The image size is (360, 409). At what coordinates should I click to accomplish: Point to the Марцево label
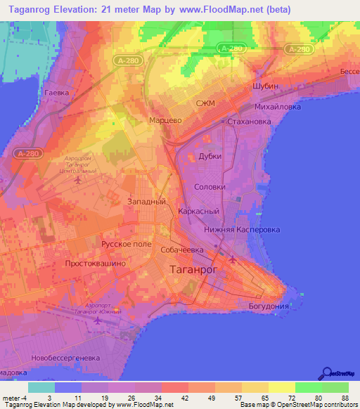click(x=166, y=120)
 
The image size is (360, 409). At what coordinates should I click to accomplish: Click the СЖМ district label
click(x=205, y=105)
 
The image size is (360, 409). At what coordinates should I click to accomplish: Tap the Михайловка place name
click(x=277, y=108)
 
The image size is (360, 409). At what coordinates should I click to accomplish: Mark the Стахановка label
click(x=249, y=122)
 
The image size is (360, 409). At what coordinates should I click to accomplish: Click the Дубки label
click(x=210, y=157)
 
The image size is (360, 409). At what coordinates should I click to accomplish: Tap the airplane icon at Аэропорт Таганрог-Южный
click(x=98, y=320)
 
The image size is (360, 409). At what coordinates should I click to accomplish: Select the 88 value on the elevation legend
click(x=345, y=397)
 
